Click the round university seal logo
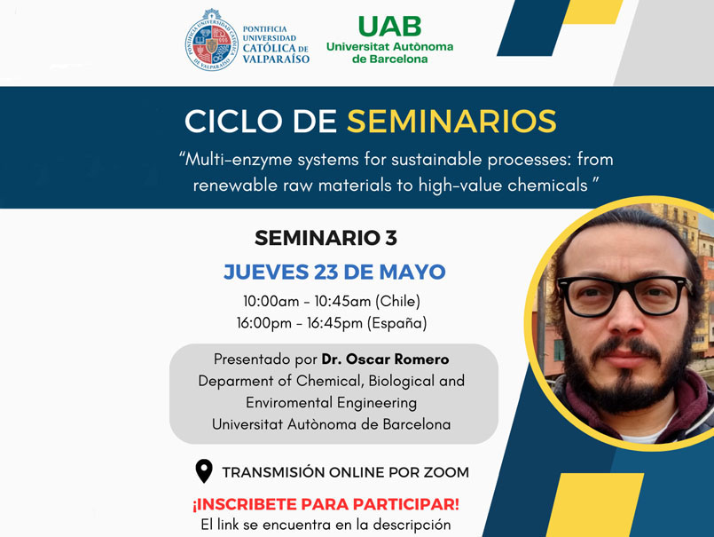pos(212,41)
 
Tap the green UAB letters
pos(389,27)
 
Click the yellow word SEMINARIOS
pos(451,122)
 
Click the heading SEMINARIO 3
pos(326,238)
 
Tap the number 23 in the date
pos(326,272)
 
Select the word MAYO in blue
pos(412,272)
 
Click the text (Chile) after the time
pos(397,301)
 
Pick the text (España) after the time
pos(397,323)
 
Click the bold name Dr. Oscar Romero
pos(385,359)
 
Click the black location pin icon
pos(204,471)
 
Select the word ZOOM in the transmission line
pos(446,472)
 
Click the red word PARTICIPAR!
pos(405,505)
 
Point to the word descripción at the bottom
pos(412,525)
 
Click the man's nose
pos(625,320)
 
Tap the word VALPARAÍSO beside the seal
pos(276,59)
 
